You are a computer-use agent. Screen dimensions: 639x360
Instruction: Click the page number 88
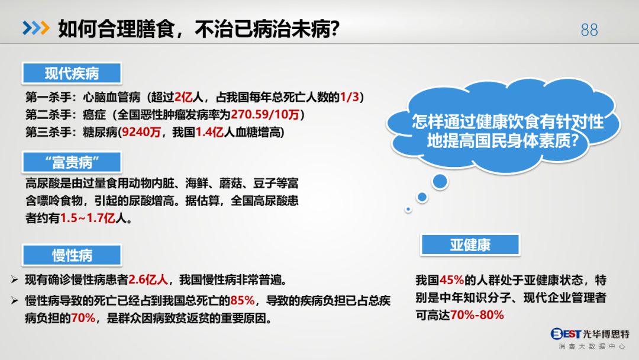589,30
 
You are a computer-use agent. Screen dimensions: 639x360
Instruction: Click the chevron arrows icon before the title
36,28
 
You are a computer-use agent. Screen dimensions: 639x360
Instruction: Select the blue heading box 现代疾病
72,73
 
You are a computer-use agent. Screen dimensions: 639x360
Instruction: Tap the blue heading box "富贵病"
72,162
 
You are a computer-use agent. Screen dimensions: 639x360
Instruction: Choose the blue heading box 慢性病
72,255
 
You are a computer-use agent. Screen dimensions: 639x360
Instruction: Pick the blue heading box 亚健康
470,245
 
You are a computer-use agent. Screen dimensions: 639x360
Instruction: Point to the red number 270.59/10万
265,114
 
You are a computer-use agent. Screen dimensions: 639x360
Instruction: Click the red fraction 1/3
350,97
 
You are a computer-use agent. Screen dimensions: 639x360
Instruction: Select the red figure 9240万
141,132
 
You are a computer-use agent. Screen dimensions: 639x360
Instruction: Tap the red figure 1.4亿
209,132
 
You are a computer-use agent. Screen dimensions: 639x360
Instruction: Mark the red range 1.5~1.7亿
88,218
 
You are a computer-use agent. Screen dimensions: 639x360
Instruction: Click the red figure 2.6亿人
149,279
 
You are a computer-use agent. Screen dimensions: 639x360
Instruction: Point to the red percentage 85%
243,300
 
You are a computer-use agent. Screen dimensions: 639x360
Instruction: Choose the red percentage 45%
451,280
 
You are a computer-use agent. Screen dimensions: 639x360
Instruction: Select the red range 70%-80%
477,315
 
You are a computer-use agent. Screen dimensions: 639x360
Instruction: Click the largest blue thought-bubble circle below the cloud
440,181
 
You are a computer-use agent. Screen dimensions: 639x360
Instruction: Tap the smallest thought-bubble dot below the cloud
408,210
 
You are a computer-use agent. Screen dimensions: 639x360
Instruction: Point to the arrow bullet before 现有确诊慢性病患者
15,279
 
